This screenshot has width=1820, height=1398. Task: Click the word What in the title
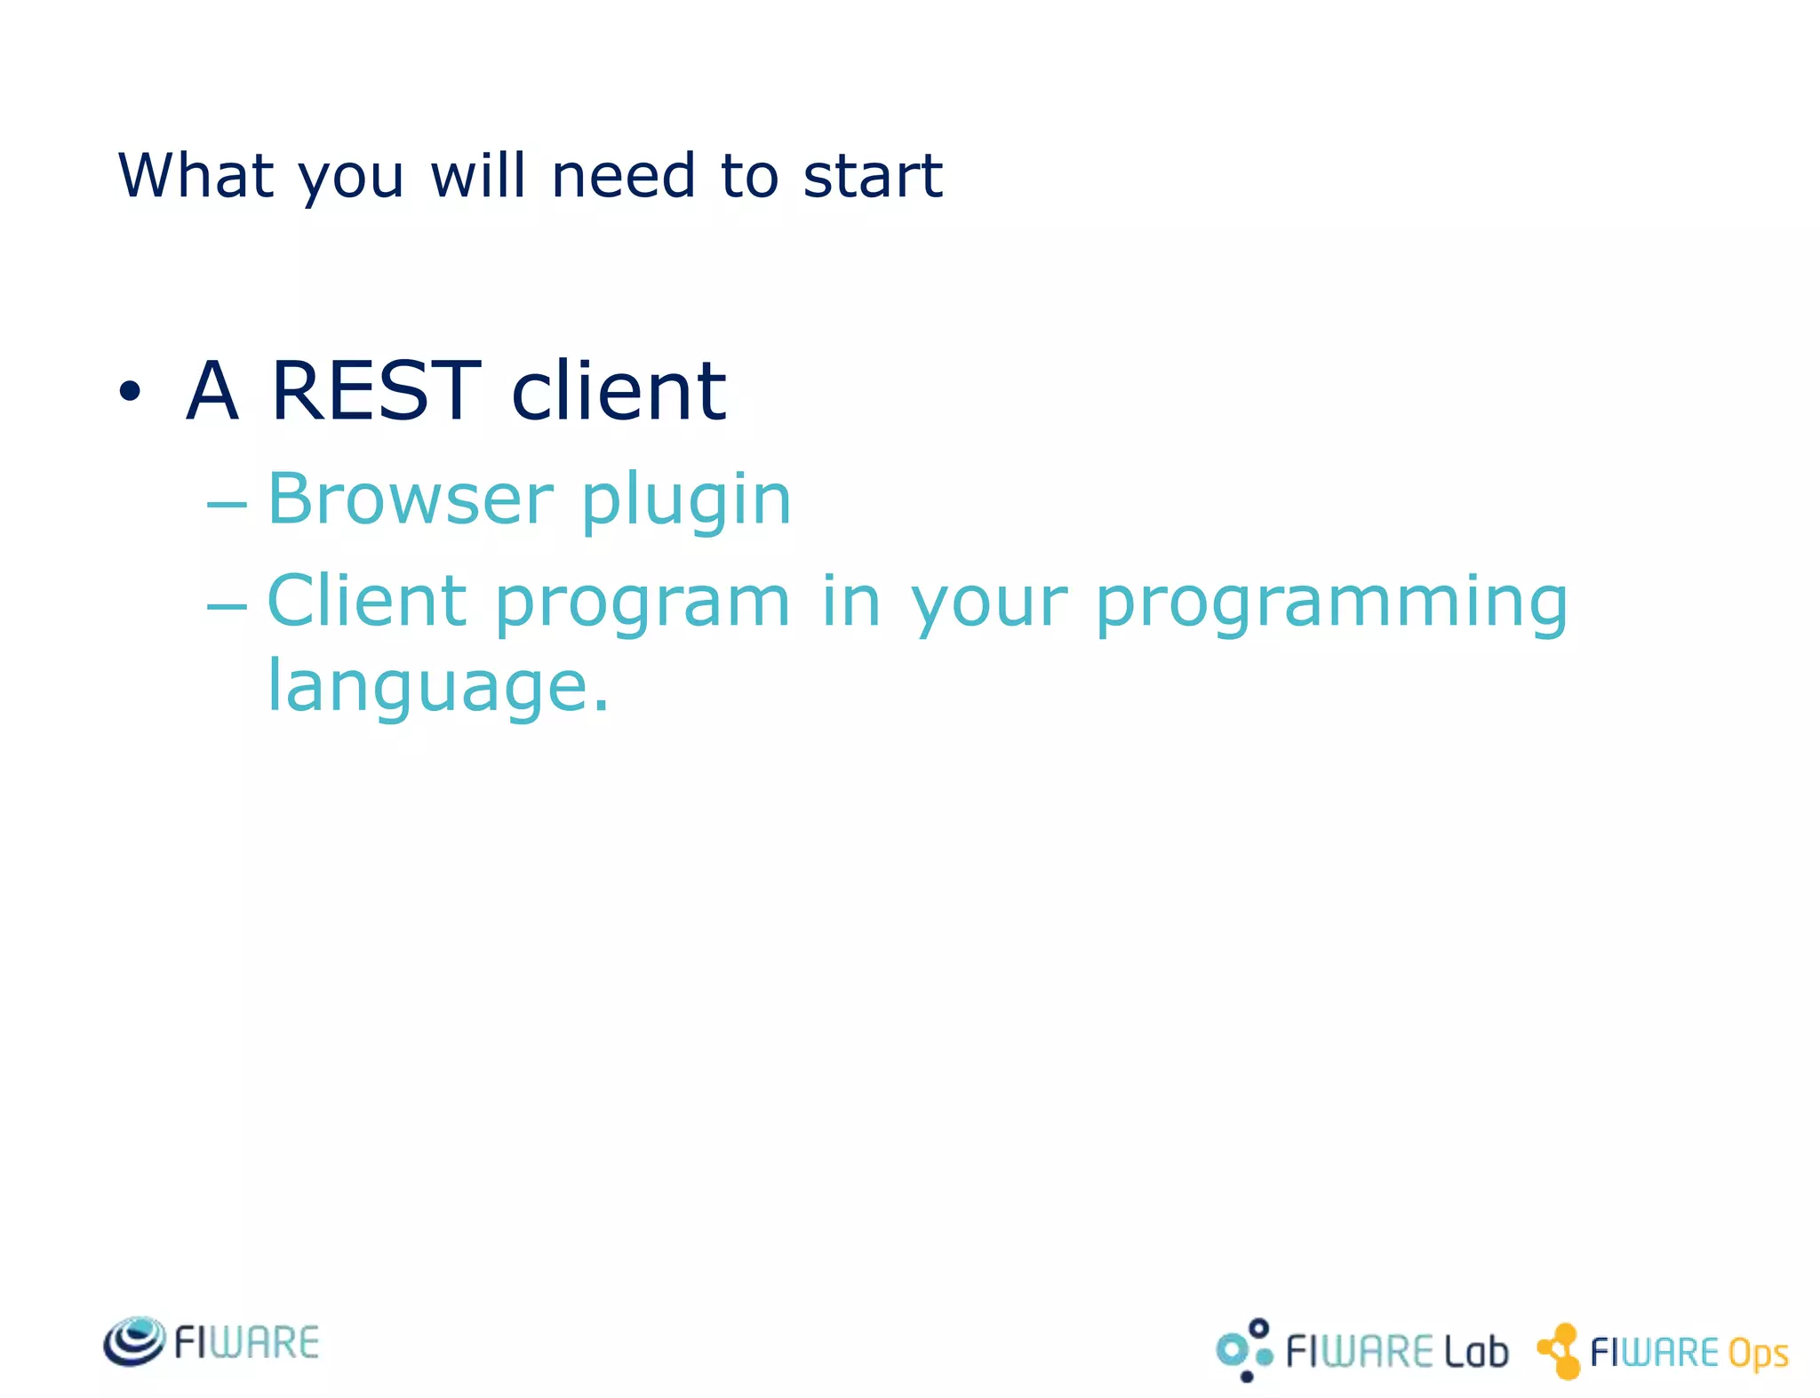tap(196, 175)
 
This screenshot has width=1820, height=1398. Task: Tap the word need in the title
tap(623, 175)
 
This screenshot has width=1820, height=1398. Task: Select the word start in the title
tap(872, 175)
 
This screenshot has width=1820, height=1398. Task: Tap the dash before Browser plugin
tap(226, 503)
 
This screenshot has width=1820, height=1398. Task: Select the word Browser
tap(411, 499)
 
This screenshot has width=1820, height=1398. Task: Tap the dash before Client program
tap(226, 606)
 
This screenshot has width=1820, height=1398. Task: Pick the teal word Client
tap(366, 601)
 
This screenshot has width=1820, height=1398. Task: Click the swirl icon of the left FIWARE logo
tap(133, 1341)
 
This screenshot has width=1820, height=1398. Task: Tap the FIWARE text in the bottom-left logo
tap(246, 1342)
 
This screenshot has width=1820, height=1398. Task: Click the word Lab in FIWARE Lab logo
tap(1475, 1352)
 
